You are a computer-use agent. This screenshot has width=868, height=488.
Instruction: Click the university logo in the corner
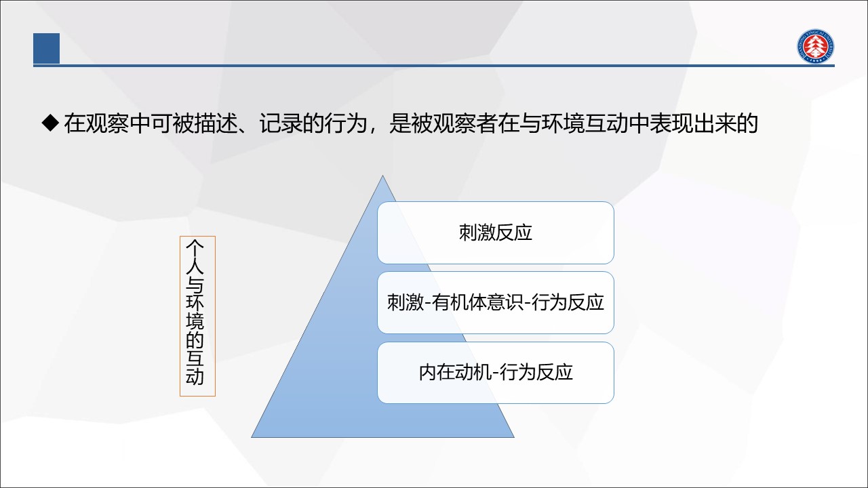(816, 47)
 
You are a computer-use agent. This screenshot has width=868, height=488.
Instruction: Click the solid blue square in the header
(47, 48)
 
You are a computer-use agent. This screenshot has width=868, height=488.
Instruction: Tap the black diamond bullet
(50, 123)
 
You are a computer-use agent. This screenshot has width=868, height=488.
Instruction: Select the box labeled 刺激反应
(496, 232)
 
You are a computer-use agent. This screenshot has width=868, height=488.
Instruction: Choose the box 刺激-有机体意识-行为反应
(496, 302)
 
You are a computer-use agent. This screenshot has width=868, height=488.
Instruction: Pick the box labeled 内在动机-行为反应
(496, 373)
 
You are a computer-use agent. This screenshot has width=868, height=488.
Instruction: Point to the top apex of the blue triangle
(383, 176)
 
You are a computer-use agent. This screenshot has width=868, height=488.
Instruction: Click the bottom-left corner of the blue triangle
(252, 438)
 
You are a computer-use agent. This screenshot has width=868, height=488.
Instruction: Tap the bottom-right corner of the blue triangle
(514, 438)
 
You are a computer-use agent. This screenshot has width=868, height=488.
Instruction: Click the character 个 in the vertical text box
(195, 247)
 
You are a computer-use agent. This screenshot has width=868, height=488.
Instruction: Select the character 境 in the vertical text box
(195, 321)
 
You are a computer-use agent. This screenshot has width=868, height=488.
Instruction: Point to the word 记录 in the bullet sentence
(281, 123)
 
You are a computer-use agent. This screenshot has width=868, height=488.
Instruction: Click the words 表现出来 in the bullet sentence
(692, 123)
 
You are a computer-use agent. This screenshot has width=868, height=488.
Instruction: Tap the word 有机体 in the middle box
(459, 302)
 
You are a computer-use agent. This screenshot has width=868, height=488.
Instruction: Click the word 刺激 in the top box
(477, 232)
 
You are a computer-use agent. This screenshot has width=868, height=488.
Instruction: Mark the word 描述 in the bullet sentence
(216, 123)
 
